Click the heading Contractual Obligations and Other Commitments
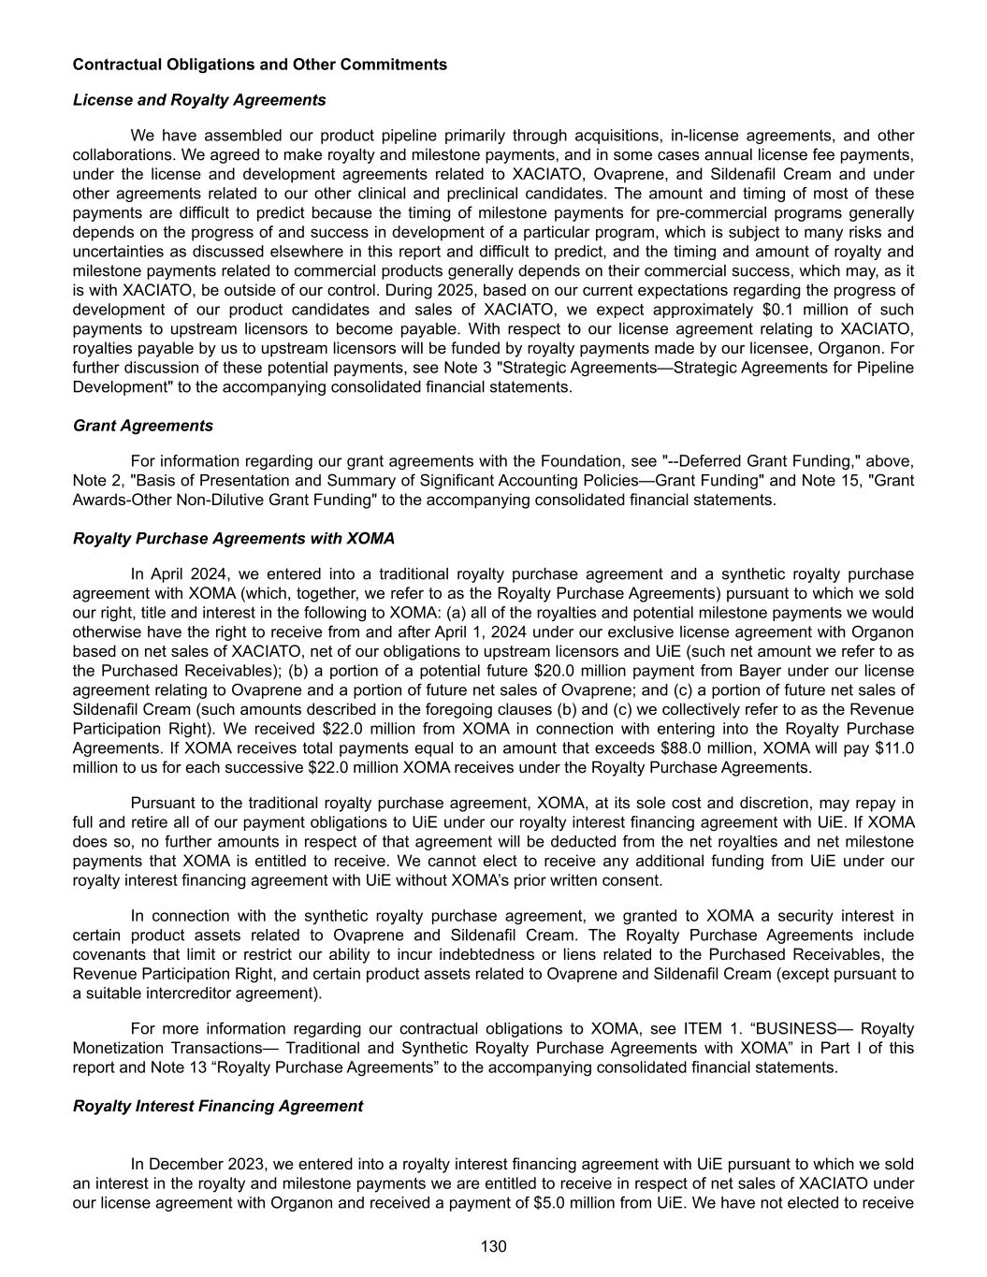[259, 65]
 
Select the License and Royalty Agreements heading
[199, 100]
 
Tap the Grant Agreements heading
[143, 426]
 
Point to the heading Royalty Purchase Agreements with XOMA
[234, 539]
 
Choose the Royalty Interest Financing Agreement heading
[218, 1106]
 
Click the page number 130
[493, 1246]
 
